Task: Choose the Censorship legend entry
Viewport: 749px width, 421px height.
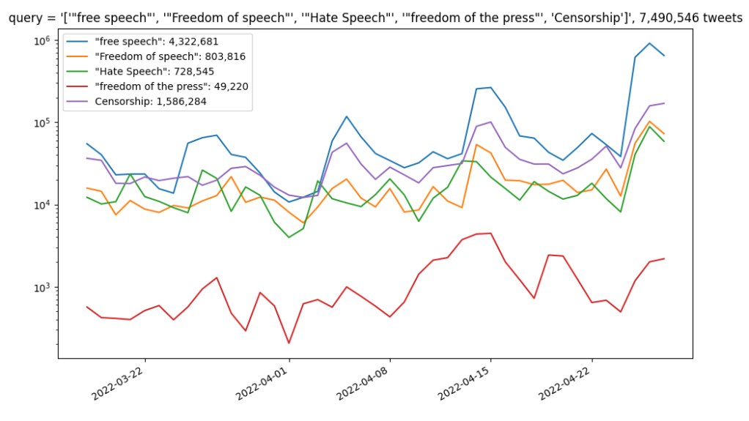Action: pos(151,102)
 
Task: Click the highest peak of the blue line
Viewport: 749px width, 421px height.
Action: pos(649,43)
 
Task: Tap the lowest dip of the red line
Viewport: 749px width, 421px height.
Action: pos(289,343)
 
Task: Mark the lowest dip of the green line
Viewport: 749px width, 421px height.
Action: pos(289,237)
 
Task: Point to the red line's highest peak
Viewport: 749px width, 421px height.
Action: pos(490,234)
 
